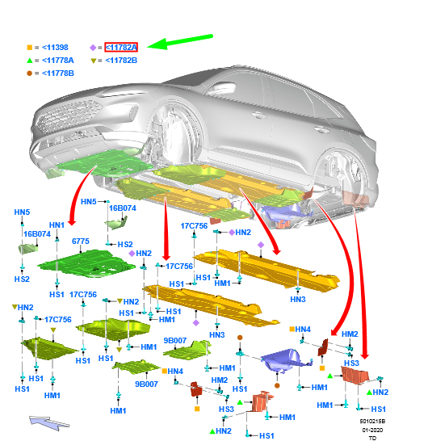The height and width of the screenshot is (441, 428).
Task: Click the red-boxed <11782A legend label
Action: (x=121, y=47)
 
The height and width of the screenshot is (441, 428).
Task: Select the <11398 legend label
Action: (x=55, y=47)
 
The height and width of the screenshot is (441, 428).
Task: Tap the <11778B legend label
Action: (x=58, y=73)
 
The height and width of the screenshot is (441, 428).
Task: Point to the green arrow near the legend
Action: (x=180, y=42)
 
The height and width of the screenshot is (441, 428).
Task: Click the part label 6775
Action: (x=81, y=241)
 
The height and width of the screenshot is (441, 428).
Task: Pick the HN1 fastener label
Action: (x=57, y=225)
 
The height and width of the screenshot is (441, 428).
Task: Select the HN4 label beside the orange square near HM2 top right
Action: (x=303, y=329)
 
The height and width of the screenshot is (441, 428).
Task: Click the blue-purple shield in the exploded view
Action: (x=285, y=360)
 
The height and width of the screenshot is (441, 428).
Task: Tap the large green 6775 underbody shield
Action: (x=87, y=263)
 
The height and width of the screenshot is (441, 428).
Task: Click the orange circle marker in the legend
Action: (x=30, y=73)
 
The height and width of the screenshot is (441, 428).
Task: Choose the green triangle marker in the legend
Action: (x=30, y=61)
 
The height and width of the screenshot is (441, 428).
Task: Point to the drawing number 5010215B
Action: (x=372, y=421)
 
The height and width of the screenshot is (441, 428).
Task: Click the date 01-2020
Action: (x=372, y=430)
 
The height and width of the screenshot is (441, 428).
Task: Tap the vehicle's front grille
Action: (x=69, y=115)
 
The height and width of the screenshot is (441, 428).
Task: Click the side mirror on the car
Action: (x=225, y=88)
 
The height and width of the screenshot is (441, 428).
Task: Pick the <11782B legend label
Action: (x=121, y=61)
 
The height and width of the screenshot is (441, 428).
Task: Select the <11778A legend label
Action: (x=58, y=61)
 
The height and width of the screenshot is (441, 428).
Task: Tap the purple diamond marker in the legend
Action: (x=93, y=48)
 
